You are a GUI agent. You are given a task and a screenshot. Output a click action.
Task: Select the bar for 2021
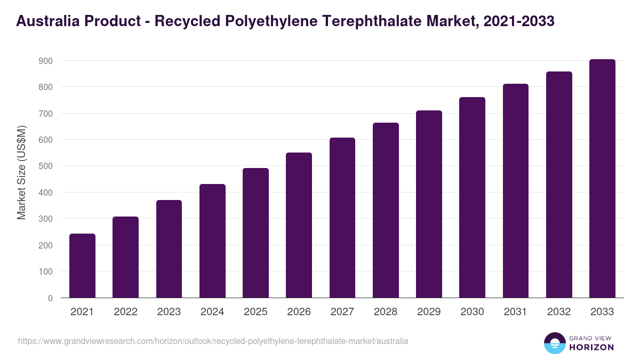coord(82,266)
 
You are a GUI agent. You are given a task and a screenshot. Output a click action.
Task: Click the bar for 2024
coord(212,241)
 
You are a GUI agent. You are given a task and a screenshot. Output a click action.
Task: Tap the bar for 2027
coord(342,218)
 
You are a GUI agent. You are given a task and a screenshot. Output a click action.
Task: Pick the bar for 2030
coord(473,197)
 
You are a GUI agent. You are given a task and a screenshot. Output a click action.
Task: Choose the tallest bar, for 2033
coord(602,179)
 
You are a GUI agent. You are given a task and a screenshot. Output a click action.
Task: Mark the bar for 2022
coord(125,257)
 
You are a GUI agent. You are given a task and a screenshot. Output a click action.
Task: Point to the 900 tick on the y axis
coord(45,61)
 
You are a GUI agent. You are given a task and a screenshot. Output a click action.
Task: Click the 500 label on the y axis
coord(45,166)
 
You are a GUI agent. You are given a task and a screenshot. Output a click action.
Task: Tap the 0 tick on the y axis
coord(50,298)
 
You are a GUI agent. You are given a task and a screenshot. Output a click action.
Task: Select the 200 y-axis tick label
coord(45,245)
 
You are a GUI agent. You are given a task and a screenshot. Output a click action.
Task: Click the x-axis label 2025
coord(255,312)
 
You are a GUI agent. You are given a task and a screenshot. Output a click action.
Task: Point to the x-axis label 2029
coord(429,312)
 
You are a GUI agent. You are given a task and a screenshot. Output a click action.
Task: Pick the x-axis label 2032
coord(559,312)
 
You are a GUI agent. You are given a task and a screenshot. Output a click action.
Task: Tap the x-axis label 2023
coord(169,312)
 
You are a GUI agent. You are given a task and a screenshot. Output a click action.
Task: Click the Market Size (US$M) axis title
coord(21,172)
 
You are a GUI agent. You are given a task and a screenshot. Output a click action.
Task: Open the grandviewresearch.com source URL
coord(213,341)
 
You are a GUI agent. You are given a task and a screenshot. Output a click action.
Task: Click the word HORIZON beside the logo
coord(591,347)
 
